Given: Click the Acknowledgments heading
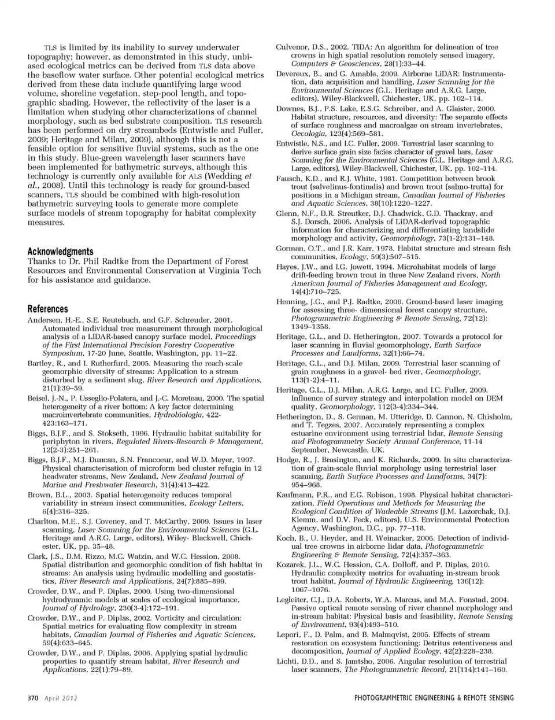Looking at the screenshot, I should point(60,252).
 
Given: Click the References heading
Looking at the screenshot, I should point(47,309).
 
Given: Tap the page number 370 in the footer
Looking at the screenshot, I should point(33,698).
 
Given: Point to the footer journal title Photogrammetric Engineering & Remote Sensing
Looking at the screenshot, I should point(434,698).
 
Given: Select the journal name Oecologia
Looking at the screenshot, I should point(293,133).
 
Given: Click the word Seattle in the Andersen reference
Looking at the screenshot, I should point(142,353).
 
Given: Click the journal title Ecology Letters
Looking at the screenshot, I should point(213,503).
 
